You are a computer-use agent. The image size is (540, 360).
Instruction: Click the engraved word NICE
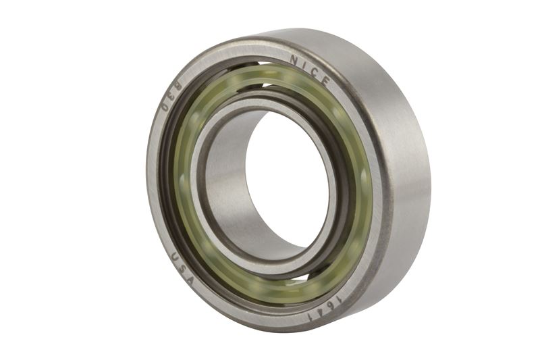click(x=310, y=70)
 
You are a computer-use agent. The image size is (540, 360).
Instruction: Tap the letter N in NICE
click(x=294, y=61)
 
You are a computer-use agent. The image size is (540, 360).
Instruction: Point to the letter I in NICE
click(x=304, y=66)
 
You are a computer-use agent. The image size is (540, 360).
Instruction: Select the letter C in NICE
click(x=315, y=72)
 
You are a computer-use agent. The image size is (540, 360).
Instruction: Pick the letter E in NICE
click(x=325, y=80)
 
